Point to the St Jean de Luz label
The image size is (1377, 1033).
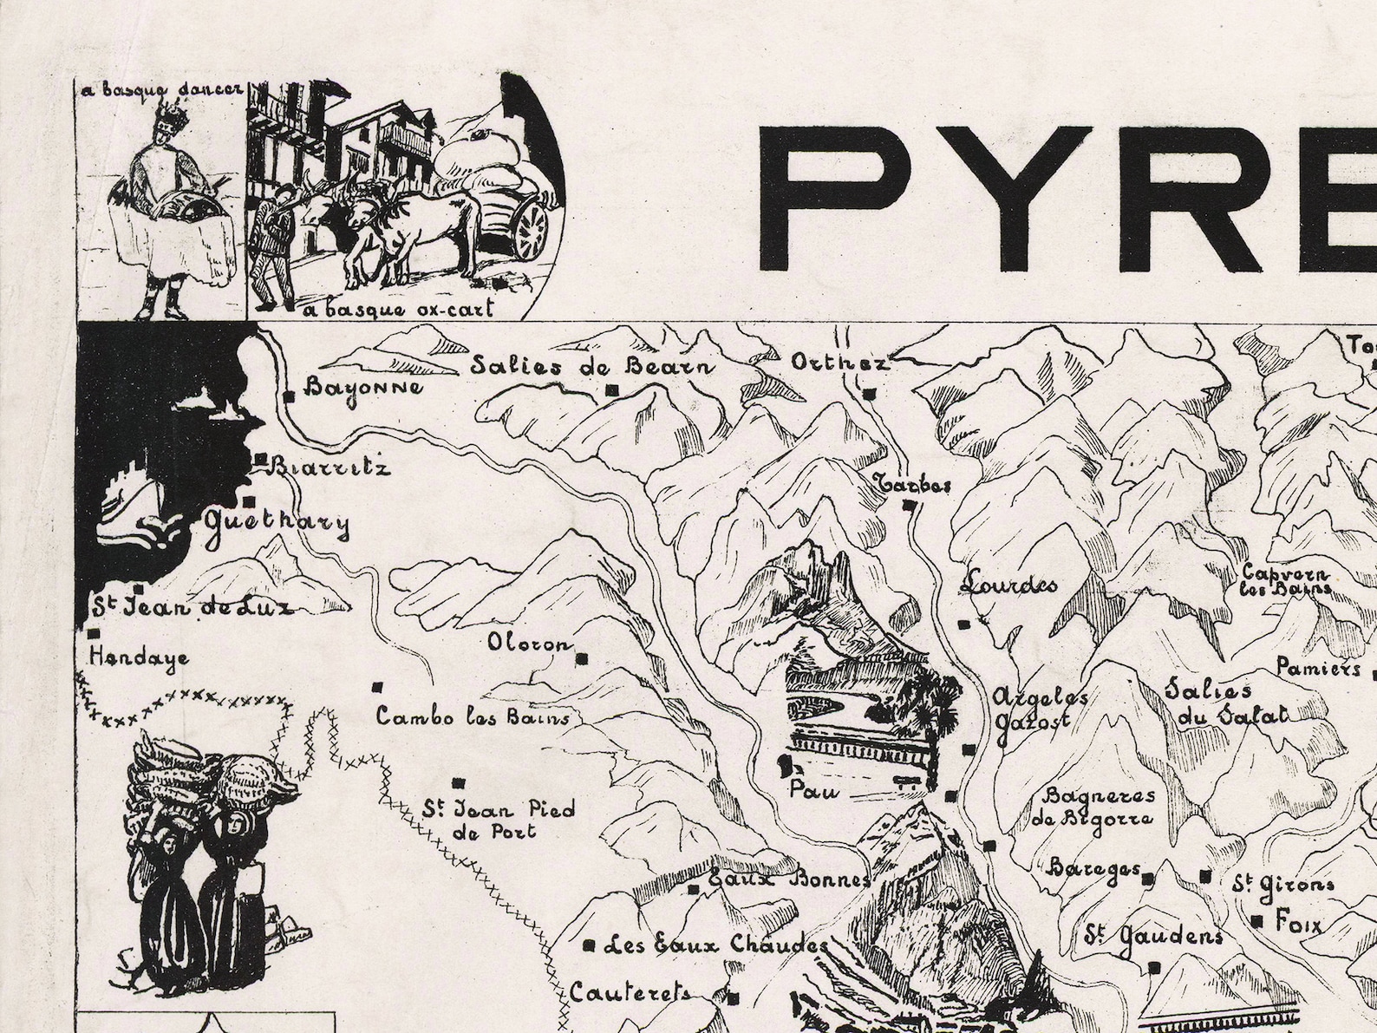[x=193, y=606]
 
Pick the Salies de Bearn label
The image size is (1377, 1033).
[x=592, y=366]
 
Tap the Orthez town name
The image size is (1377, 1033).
[x=839, y=363]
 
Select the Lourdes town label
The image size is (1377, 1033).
[x=1009, y=585]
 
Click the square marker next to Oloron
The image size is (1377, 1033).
[x=582, y=659]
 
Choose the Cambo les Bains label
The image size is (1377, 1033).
[x=473, y=718]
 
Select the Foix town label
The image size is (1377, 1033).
[x=1298, y=924]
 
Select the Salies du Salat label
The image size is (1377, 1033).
[x=1224, y=703]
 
